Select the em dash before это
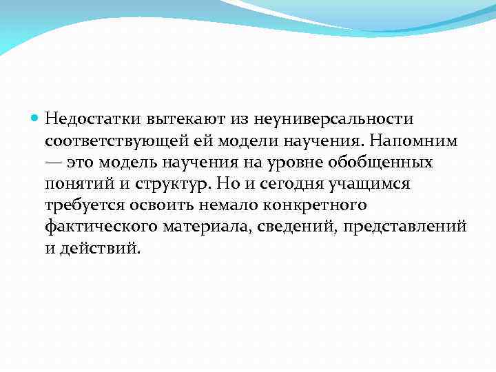pos(54,163)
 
